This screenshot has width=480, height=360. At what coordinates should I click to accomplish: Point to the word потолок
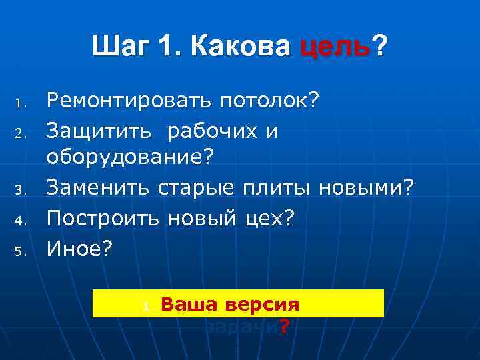click(264, 101)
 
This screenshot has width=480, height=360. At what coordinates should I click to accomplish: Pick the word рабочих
click(212, 131)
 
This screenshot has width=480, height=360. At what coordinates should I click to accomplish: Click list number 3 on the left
click(21, 193)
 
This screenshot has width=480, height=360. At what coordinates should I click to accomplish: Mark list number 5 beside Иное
click(21, 251)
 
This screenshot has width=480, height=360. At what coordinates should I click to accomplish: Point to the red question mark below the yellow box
click(284, 326)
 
